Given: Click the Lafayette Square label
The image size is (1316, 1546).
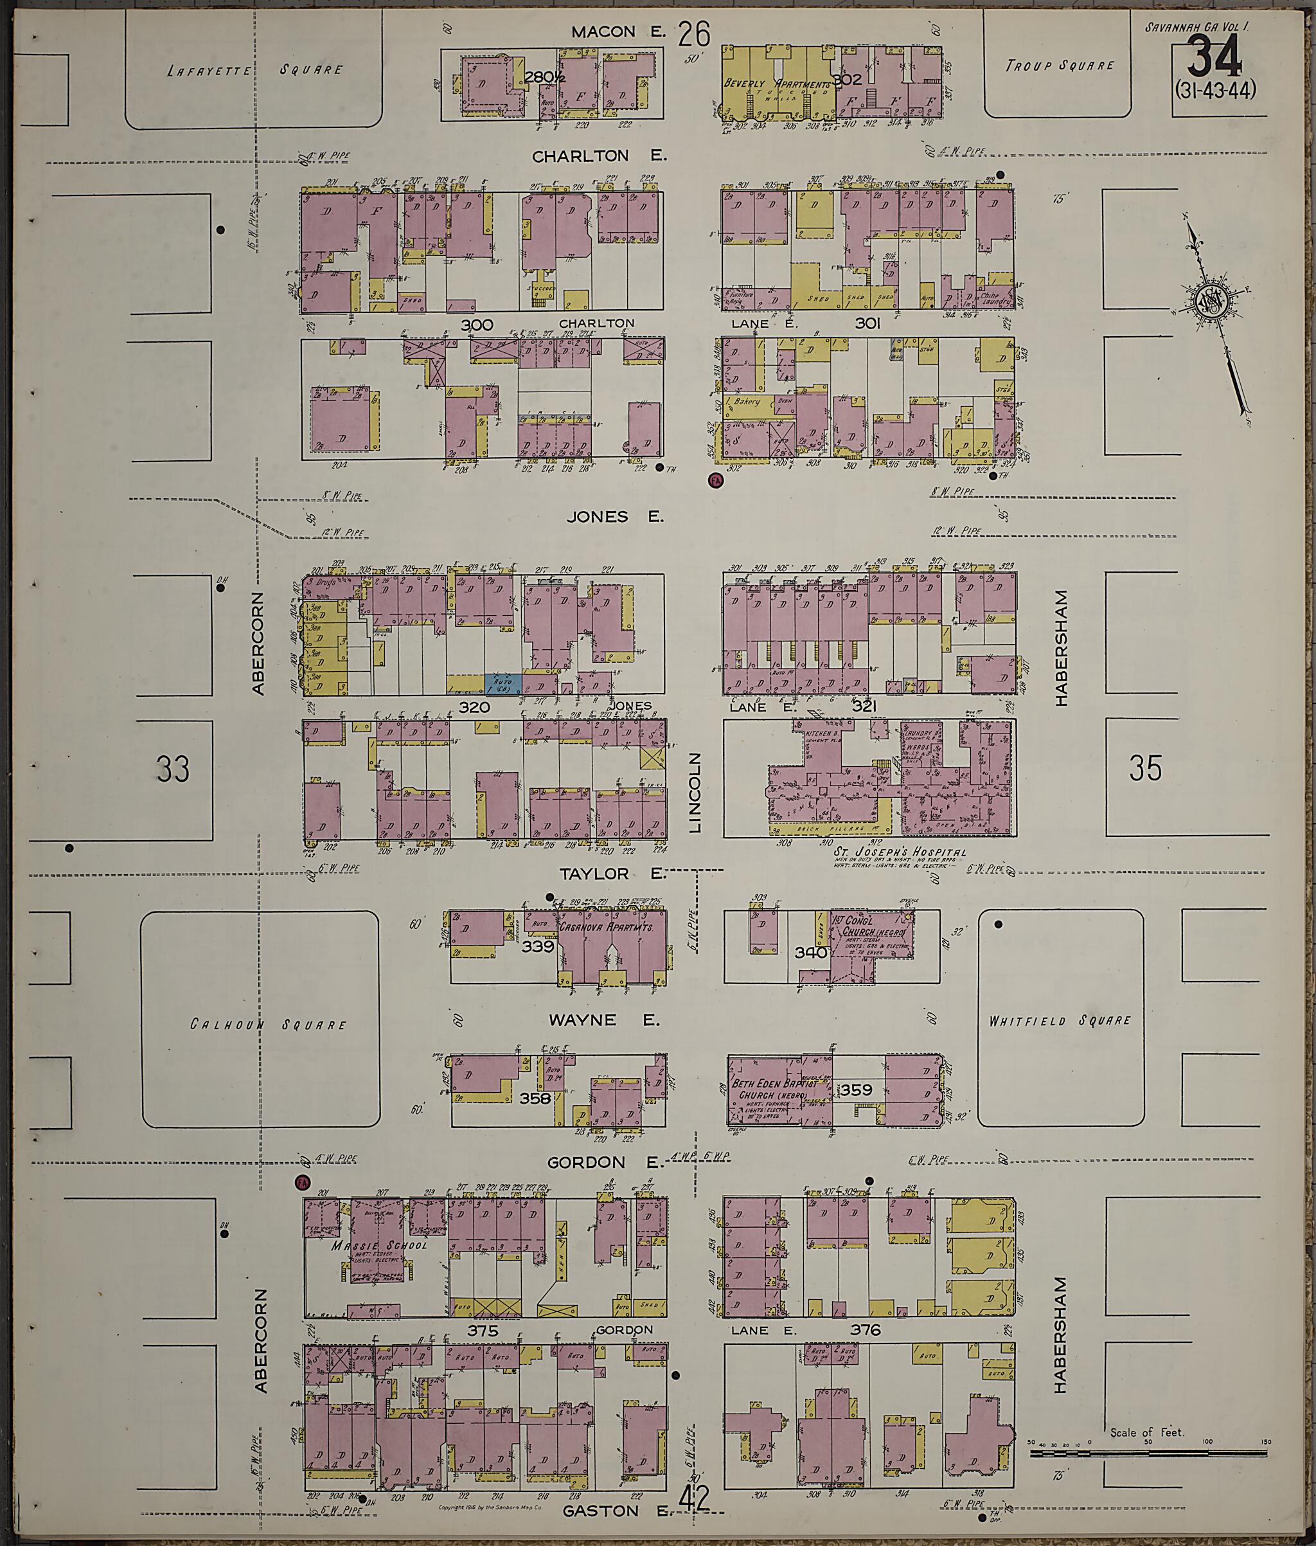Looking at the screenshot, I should coord(255,70).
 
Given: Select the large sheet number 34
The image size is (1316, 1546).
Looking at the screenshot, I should coord(1214,58).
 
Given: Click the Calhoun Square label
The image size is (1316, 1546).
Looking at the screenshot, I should coord(268,1025).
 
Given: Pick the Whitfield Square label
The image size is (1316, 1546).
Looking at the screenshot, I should coord(1060,1020).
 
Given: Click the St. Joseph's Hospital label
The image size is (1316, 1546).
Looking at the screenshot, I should coord(900,852).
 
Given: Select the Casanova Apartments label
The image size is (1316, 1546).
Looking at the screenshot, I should coord(606,928).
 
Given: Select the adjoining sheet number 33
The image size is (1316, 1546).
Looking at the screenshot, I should coord(173,769).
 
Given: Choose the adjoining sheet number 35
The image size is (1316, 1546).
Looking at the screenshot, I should coord(1145,769).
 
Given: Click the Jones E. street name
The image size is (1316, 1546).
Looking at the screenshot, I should coord(615,516).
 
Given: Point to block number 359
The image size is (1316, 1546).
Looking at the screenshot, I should coord(856,1090).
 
